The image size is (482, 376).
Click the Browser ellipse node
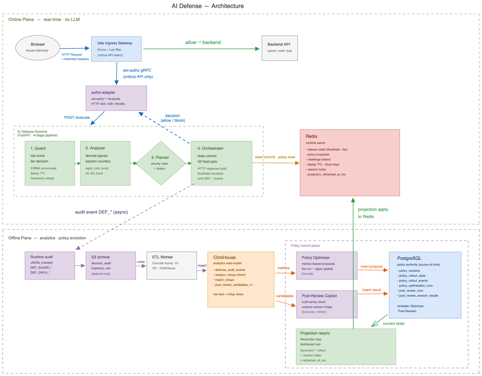(38, 48)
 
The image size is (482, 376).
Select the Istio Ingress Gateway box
(116, 49)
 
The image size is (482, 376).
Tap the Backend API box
(280, 48)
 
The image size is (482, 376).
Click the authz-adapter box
(116, 98)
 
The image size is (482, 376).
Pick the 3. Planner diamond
(161, 163)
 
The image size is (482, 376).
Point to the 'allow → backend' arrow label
(203, 42)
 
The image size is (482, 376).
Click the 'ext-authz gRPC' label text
(137, 70)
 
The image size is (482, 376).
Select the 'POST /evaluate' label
(77, 117)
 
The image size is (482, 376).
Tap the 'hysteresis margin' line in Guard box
(42, 178)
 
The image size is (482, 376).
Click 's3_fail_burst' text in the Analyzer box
(94, 173)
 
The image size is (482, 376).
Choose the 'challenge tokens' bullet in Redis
(319, 159)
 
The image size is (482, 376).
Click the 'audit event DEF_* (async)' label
(101, 212)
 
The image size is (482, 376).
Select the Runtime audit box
(50, 265)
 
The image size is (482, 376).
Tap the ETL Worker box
(171, 265)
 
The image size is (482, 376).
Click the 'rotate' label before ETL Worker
(141, 262)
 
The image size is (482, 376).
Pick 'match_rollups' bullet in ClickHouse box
(224, 280)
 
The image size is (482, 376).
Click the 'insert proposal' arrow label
(371, 266)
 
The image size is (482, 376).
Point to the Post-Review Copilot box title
(319, 296)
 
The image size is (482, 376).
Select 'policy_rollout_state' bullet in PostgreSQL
(412, 276)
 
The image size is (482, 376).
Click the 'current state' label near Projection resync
(393, 323)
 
